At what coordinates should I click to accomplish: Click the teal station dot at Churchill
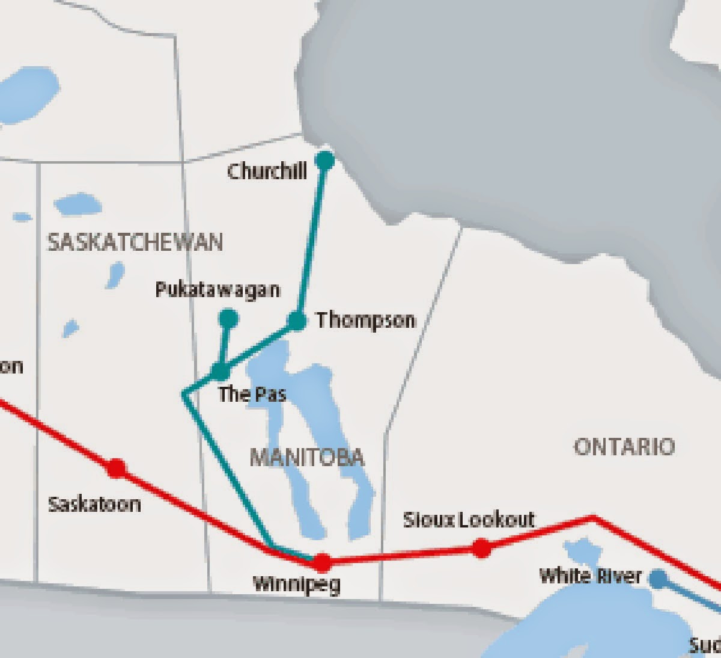pyautogui.click(x=324, y=160)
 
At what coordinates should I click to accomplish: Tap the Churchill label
pyautogui.click(x=267, y=171)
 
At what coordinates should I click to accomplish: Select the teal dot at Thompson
pyautogui.click(x=297, y=321)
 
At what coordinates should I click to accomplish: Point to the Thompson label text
pyautogui.click(x=365, y=320)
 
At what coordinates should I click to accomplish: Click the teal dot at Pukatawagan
pyautogui.click(x=228, y=318)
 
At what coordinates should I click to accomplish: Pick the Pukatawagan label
pyautogui.click(x=218, y=290)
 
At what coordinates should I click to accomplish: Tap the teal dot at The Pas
pyautogui.click(x=221, y=371)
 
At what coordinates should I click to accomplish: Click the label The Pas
pyautogui.click(x=252, y=395)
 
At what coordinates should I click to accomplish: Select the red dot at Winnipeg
pyautogui.click(x=323, y=562)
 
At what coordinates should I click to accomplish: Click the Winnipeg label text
pyautogui.click(x=296, y=584)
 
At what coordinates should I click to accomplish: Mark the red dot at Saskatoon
pyautogui.click(x=116, y=467)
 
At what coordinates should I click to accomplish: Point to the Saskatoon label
pyautogui.click(x=94, y=503)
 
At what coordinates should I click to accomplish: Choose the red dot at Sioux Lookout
pyautogui.click(x=481, y=547)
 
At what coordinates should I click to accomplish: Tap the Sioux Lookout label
pyautogui.click(x=469, y=520)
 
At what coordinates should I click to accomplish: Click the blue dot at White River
pyautogui.click(x=659, y=579)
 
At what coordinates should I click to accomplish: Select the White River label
pyautogui.click(x=590, y=576)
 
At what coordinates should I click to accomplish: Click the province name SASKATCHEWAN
pyautogui.click(x=135, y=242)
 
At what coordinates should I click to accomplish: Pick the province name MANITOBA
pyautogui.click(x=306, y=458)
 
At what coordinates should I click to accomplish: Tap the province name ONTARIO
pyautogui.click(x=624, y=447)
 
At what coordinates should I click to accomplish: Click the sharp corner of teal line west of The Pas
pyautogui.click(x=183, y=394)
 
